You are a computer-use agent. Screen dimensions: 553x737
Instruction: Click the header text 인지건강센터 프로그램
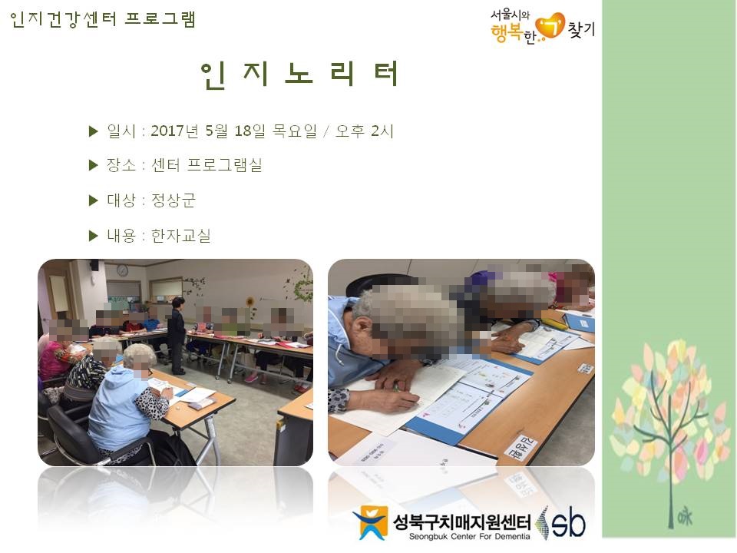pyautogui.click(x=103, y=19)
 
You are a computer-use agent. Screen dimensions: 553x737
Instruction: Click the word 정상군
pyautogui.click(x=174, y=200)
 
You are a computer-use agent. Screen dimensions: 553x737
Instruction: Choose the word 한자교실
pyautogui.click(x=180, y=236)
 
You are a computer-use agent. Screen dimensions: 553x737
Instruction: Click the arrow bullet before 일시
pyautogui.click(x=94, y=131)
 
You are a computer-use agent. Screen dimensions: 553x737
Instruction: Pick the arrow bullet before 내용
pyautogui.click(x=94, y=236)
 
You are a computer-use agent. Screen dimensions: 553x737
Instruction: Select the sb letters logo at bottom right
pyautogui.click(x=567, y=522)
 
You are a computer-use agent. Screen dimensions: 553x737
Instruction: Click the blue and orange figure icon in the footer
pyautogui.click(x=371, y=522)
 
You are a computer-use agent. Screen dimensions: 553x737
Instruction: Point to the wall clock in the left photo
pyautogui.click(x=122, y=270)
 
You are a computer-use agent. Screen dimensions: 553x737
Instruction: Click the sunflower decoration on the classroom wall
pyautogui.click(x=250, y=303)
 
